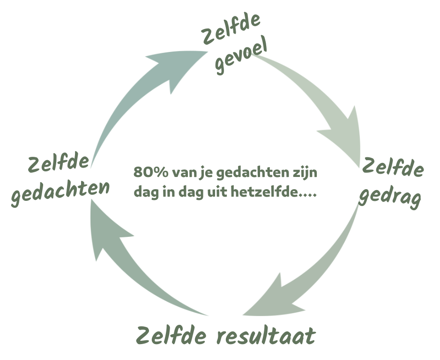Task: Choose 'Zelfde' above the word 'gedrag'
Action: tap(393, 167)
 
